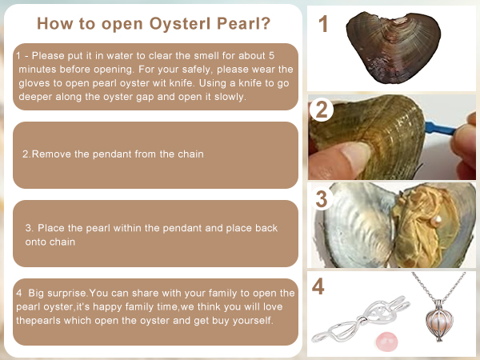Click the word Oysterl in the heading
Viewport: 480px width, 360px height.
point(181,23)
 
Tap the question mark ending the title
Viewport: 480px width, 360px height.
point(266,23)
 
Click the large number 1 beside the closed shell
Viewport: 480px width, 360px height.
point(323,23)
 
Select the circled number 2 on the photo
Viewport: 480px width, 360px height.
point(322,110)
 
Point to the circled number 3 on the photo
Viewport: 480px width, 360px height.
point(322,198)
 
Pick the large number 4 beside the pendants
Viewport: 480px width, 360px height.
point(318,286)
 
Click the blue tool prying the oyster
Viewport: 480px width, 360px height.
point(440,128)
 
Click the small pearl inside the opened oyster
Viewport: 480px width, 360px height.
point(436,221)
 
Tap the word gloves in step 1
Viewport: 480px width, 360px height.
point(34,83)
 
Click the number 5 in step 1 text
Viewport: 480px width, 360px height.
point(271,55)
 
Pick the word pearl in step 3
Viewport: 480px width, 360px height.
point(98,228)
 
